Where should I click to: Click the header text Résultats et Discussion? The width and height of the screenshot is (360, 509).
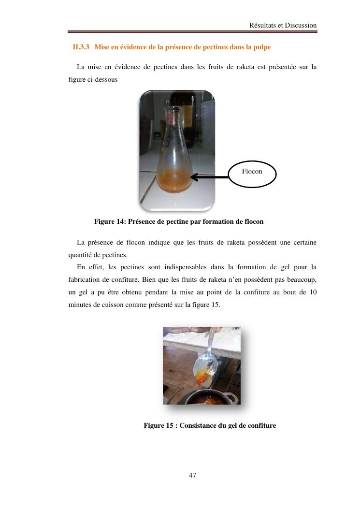click(283, 25)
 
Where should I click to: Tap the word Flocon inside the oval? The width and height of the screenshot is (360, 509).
click(252, 171)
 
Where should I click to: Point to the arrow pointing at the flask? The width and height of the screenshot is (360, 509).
click(210, 177)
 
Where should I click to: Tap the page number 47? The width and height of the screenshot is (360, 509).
click(192, 475)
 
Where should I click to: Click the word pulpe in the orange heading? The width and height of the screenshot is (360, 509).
click(261, 47)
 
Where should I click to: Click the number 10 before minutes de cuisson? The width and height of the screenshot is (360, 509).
click(312, 292)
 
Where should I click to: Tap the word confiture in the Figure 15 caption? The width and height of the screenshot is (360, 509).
click(261, 425)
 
